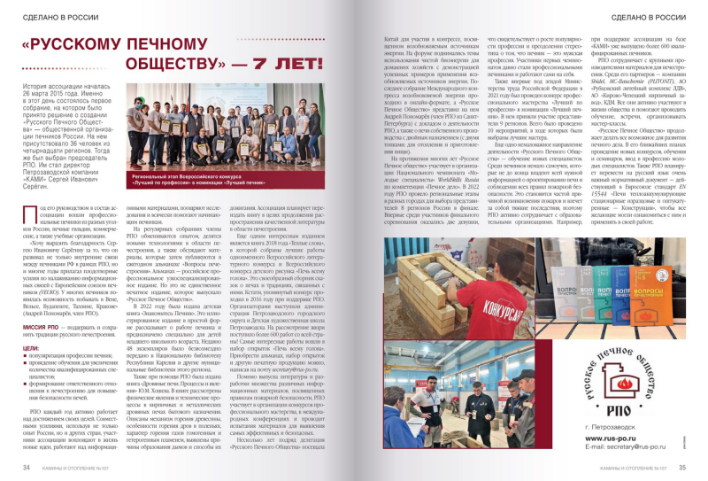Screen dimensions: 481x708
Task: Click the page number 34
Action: tap(27, 467)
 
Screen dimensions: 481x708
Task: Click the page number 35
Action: tap(682, 467)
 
